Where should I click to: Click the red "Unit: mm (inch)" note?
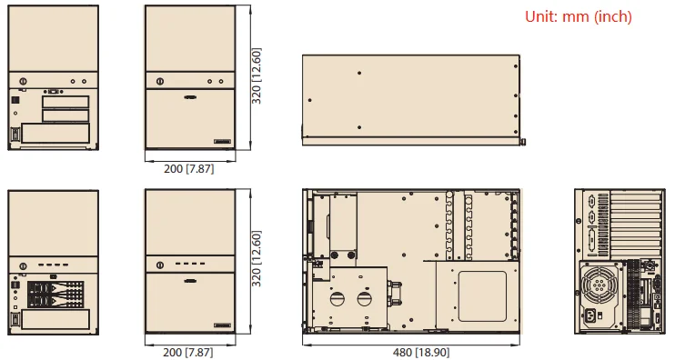[x=579, y=16]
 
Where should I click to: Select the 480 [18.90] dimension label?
[x=421, y=352]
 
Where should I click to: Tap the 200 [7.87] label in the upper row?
[x=188, y=168]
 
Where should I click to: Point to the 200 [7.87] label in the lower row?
[x=188, y=352]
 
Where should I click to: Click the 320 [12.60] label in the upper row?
[x=257, y=75]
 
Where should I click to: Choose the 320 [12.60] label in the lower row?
[x=257, y=259]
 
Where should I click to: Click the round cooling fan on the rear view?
[x=599, y=284]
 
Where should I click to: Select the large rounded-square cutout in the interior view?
[x=482, y=296]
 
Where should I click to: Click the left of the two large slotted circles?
[x=337, y=298]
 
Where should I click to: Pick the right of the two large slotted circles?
[x=365, y=298]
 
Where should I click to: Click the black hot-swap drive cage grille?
[x=55, y=295]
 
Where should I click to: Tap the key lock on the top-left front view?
[x=24, y=81]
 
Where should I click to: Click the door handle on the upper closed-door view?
[x=190, y=97]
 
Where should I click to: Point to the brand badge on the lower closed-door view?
[x=222, y=325]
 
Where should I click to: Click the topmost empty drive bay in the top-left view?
[x=65, y=102]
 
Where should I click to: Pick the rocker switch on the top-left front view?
[x=15, y=135]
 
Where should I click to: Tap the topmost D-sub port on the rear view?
[x=590, y=201]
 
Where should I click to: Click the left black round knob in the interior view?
[x=334, y=255]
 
